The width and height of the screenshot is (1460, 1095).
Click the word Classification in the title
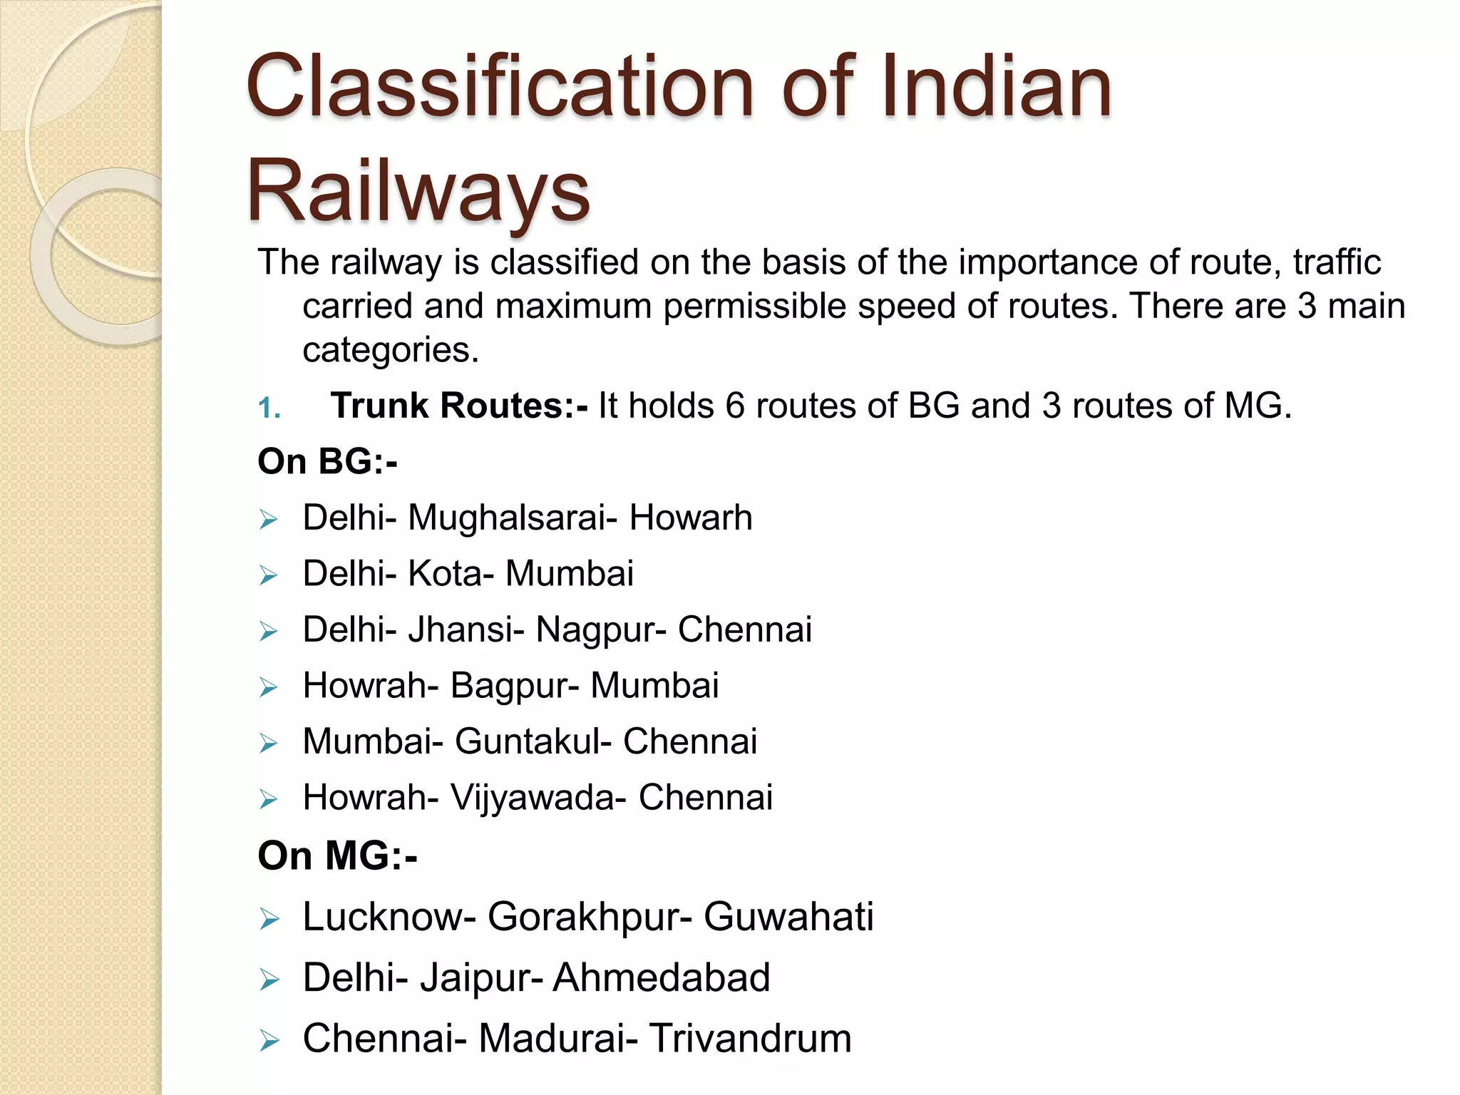click(x=499, y=87)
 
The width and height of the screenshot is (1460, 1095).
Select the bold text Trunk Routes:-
click(x=459, y=406)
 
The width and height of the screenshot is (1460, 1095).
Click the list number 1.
click(x=269, y=408)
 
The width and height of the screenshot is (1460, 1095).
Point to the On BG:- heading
click(x=327, y=461)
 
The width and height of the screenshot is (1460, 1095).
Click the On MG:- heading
click(x=337, y=855)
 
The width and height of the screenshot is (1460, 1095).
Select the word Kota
click(x=450, y=574)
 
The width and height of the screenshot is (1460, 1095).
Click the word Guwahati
click(x=788, y=917)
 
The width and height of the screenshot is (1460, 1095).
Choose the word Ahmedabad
click(x=662, y=977)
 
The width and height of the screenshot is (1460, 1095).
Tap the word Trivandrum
click(x=750, y=1039)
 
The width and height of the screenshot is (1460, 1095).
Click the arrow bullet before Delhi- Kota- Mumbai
click(x=268, y=575)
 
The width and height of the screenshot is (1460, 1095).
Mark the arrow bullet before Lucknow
click(x=268, y=919)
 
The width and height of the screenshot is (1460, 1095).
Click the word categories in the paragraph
click(x=390, y=350)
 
